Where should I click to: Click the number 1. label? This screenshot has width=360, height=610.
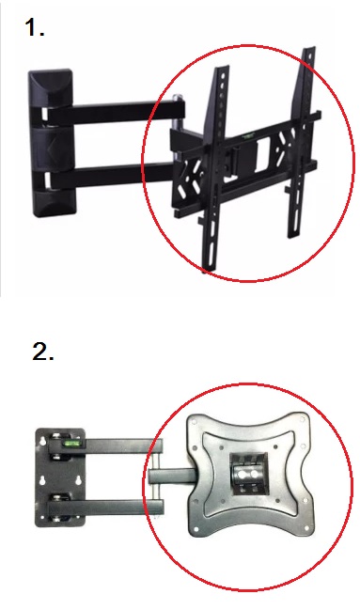[x=34, y=28]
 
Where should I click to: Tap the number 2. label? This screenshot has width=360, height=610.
[x=43, y=352]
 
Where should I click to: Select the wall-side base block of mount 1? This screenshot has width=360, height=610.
[x=51, y=143]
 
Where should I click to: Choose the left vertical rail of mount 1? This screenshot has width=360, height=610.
[x=214, y=168]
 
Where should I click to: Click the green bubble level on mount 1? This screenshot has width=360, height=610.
[x=247, y=136]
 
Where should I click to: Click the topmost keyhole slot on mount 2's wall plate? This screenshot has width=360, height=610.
[x=43, y=441]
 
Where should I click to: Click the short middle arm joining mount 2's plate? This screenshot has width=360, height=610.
[x=171, y=476]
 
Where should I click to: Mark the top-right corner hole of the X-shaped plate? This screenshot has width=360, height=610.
[x=303, y=420]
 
